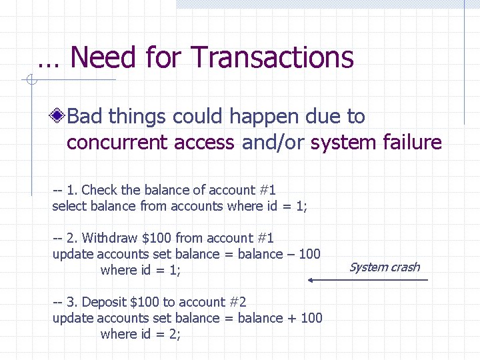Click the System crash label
(384, 267)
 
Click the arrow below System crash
(367, 280)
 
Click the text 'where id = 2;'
(141, 334)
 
